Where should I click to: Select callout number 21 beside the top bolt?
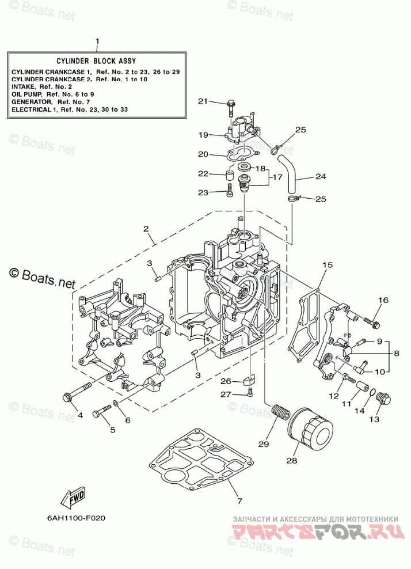202,101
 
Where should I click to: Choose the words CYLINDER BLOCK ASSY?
96,60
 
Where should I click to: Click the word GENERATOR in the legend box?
31,101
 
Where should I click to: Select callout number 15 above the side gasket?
327,265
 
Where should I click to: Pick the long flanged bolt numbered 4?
78,392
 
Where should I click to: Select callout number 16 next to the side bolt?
383,300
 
